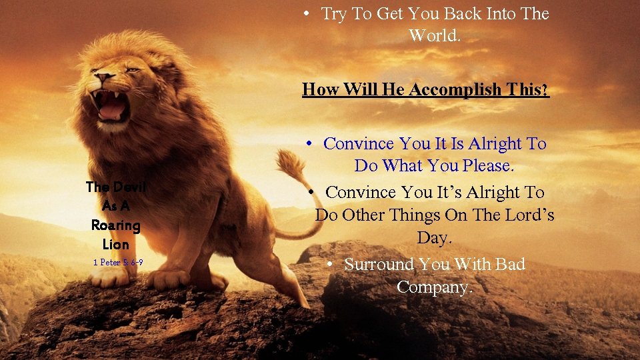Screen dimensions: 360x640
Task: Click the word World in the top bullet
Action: (x=434, y=35)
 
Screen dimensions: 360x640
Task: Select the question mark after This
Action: (x=546, y=89)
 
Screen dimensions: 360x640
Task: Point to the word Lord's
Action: (x=527, y=215)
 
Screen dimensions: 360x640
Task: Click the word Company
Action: (x=434, y=287)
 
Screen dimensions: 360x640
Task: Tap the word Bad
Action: (x=510, y=265)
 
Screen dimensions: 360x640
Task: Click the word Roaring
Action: (x=116, y=225)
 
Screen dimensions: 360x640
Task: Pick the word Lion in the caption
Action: (x=116, y=244)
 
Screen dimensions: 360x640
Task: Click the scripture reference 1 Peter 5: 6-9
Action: (x=118, y=263)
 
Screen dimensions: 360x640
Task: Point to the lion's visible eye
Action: (x=131, y=69)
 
